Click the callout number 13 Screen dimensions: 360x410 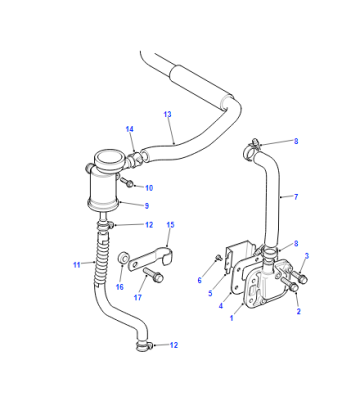[168, 114]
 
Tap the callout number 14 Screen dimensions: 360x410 [130, 129]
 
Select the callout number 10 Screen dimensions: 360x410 [149, 188]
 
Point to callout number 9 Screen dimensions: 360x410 [147, 206]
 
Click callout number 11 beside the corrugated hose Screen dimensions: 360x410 [77, 265]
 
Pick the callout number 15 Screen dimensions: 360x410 [170, 225]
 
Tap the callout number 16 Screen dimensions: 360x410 [120, 287]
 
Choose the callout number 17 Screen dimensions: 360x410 [138, 297]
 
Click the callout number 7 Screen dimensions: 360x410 [296, 197]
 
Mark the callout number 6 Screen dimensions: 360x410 [199, 280]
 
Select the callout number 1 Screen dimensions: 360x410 [232, 318]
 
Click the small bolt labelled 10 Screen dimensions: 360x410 [127, 182]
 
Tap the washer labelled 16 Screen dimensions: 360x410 [123, 258]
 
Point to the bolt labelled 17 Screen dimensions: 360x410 [153, 274]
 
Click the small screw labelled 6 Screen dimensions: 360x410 [219, 256]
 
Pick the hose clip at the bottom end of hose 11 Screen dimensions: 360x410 [144, 346]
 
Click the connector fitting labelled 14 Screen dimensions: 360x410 [134, 159]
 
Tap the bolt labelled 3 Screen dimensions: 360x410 [299, 276]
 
